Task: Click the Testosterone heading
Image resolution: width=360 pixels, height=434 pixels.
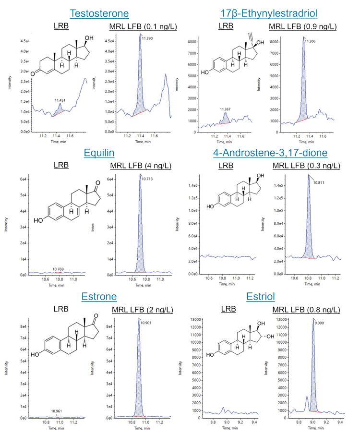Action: [x=99, y=13]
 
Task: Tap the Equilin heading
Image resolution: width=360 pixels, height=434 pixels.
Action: [x=99, y=153]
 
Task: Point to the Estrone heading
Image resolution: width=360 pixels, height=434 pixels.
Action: [x=99, y=296]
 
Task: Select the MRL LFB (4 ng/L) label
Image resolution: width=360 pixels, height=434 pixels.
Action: [x=137, y=166]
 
